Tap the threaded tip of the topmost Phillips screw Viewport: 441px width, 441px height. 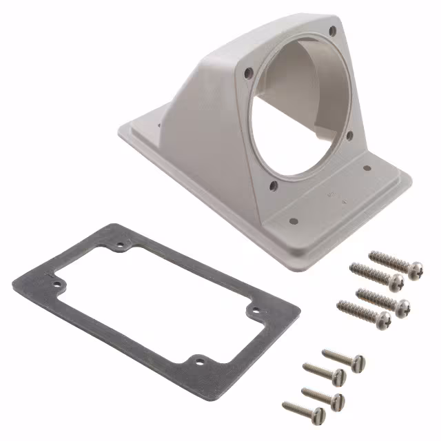pos(373,256)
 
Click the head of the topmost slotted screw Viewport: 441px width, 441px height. pos(358,362)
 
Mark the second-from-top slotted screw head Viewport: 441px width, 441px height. pos(338,376)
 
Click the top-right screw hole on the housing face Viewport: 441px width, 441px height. pos(333,30)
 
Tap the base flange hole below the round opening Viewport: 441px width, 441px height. pos(293,222)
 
